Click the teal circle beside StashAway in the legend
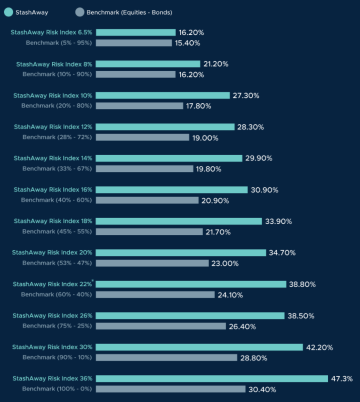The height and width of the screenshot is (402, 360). coord(8,12)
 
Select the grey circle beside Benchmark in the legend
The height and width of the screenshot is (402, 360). coord(79,12)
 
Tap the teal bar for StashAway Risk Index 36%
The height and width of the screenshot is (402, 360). coord(211,378)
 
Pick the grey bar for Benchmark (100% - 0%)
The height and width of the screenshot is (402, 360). coord(170,389)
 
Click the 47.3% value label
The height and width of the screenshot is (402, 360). coord(342,379)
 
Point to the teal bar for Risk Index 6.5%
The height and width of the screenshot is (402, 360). coord(135,32)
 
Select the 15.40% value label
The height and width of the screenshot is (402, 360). coord(187,43)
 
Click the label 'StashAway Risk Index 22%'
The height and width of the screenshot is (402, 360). coord(52,284)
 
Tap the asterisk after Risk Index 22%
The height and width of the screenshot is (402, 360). coord(93,281)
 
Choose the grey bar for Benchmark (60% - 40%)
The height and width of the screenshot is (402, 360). coord(155,294)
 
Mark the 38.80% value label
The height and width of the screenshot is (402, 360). coord(302,284)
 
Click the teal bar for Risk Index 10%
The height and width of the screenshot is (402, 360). coord(162,95)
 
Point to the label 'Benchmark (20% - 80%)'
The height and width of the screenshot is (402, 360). coord(56,106)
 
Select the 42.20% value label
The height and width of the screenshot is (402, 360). coord(319,347)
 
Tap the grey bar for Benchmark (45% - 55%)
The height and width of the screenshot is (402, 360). coord(149,231)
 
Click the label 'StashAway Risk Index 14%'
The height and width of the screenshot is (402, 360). coord(53,158)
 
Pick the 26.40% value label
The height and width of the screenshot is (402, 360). coord(242,326)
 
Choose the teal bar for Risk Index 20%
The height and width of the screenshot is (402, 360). coord(180,252)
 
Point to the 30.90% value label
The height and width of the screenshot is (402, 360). coord(264,190)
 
